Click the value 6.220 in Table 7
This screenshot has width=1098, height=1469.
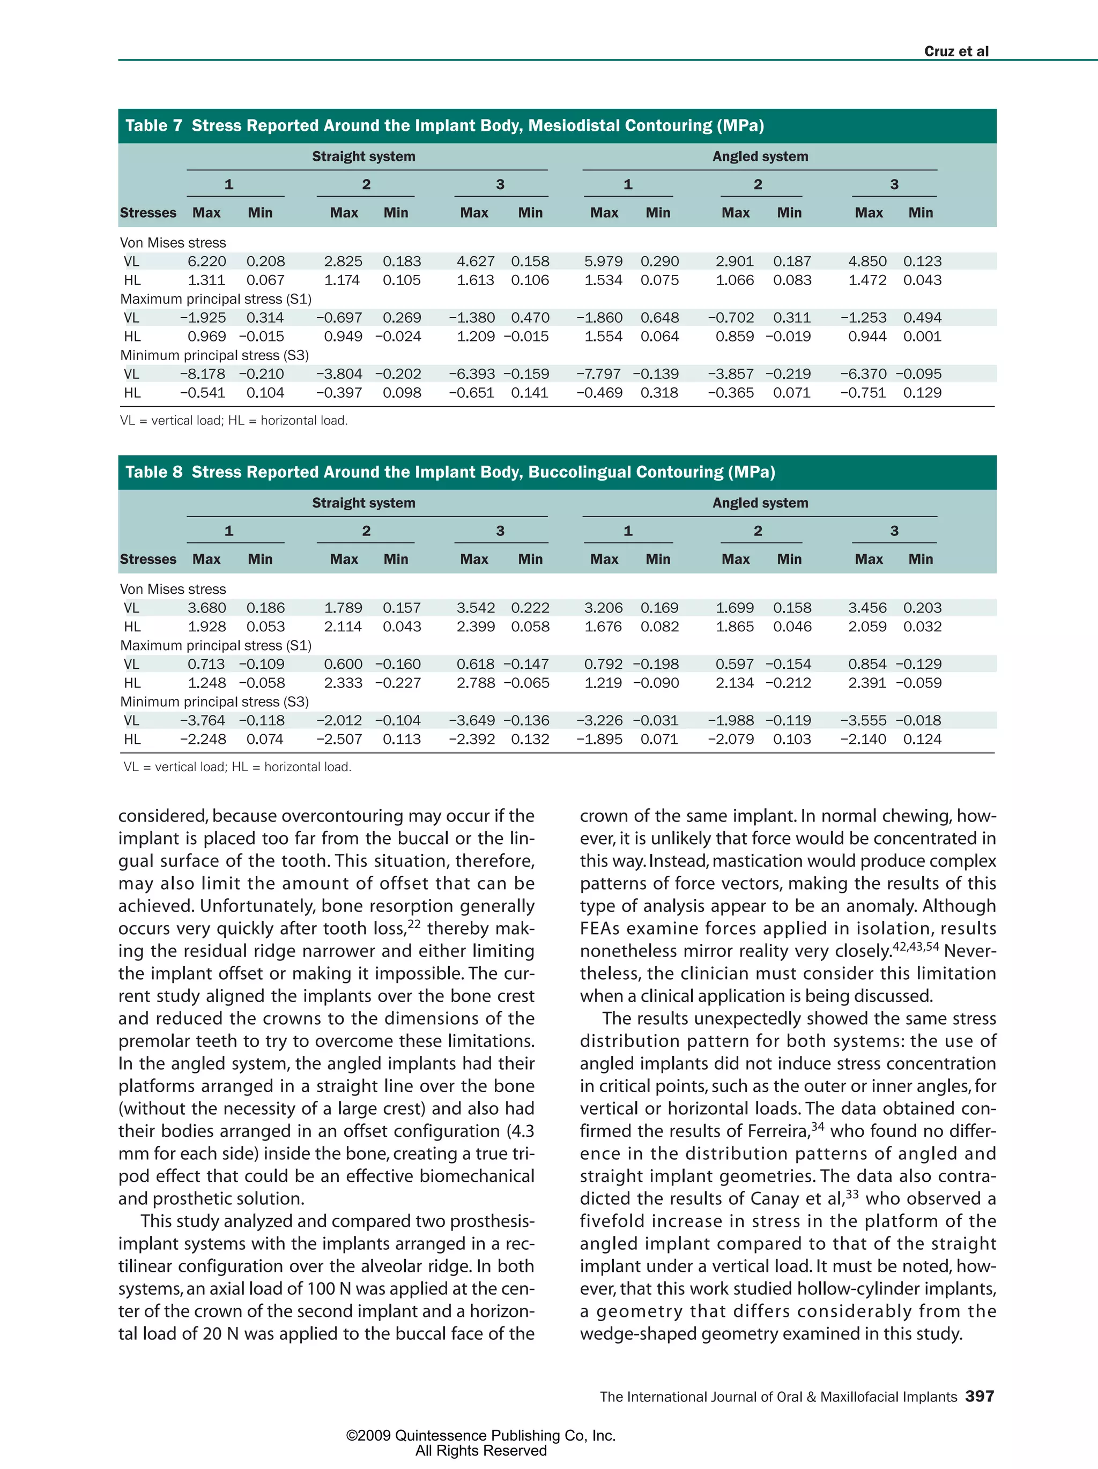click(x=206, y=262)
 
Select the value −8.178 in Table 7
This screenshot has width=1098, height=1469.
click(x=203, y=374)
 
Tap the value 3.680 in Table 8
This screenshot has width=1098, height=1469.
click(x=206, y=608)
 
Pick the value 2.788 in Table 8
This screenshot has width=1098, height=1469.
click(x=476, y=683)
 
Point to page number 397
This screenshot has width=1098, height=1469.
click(x=979, y=1396)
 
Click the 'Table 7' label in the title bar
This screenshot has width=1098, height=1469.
click(x=153, y=125)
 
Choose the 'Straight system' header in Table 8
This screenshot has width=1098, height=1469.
click(x=363, y=503)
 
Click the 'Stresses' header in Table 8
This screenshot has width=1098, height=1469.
click(x=148, y=559)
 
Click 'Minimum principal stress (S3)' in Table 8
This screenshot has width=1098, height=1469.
click(x=214, y=702)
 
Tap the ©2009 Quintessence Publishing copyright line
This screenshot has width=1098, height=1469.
click(x=480, y=1436)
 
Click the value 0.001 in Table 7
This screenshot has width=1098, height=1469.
click(x=922, y=337)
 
